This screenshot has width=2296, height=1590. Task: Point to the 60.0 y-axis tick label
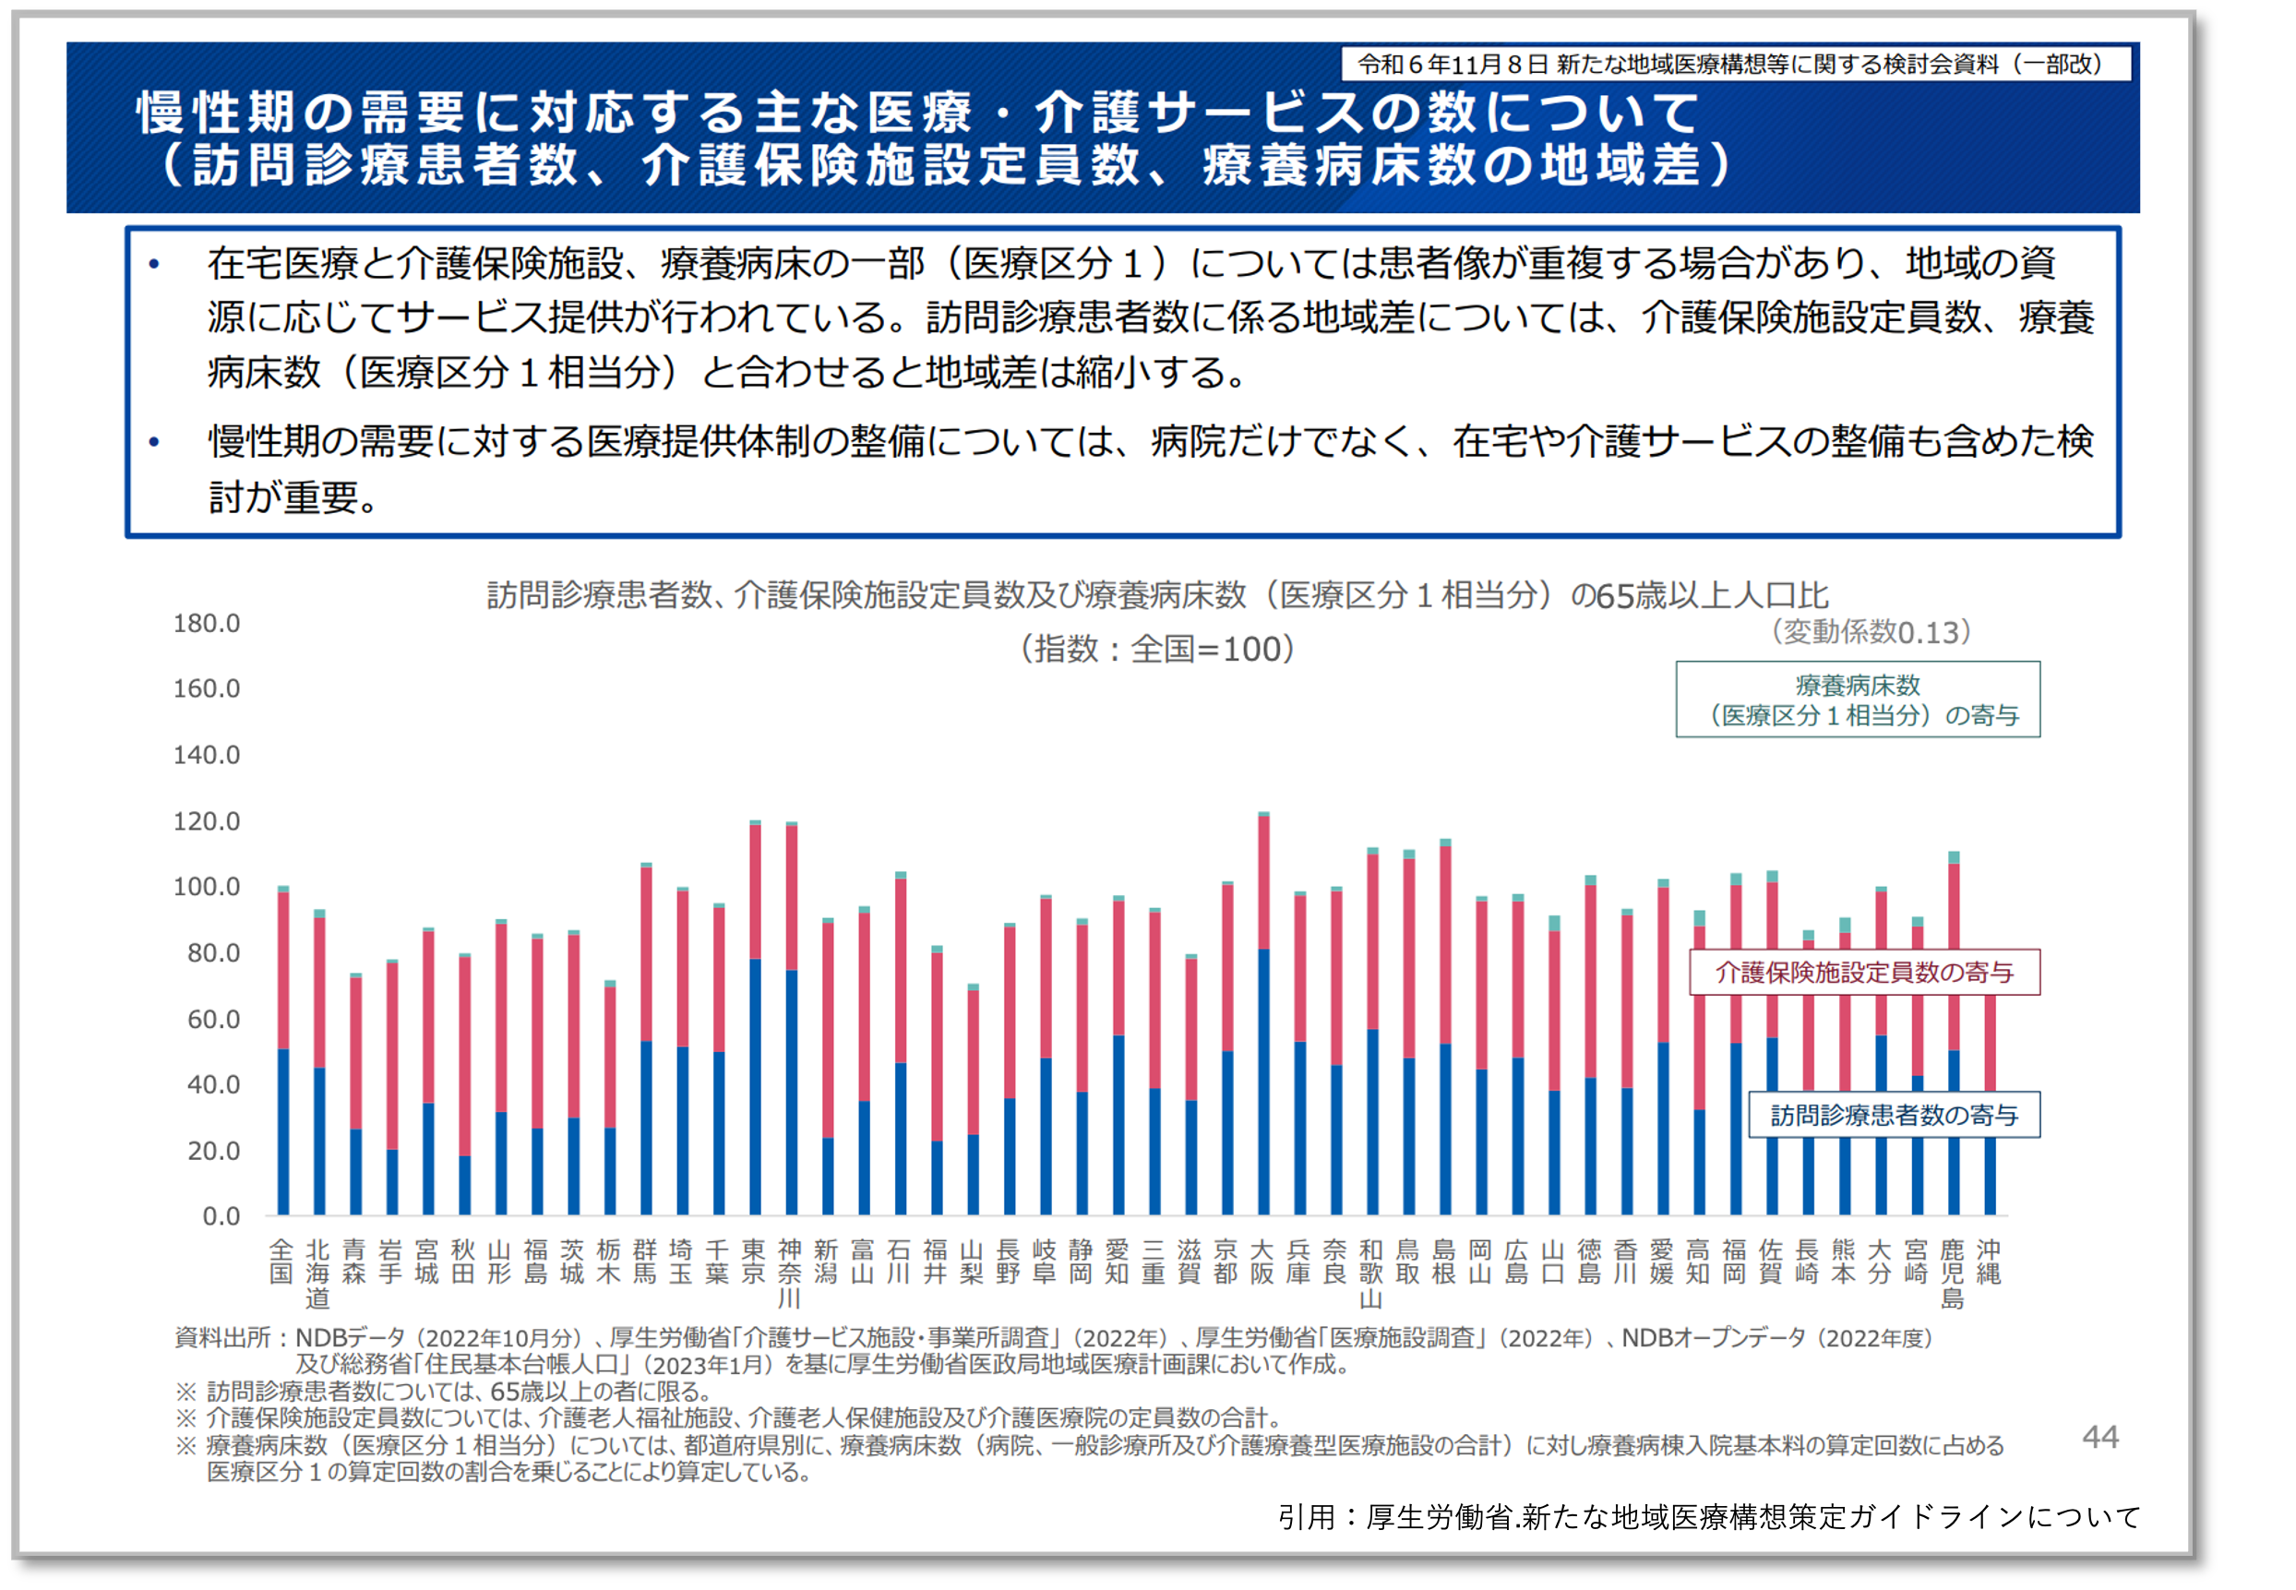[213, 1019]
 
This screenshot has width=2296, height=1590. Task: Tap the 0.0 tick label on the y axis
[221, 1216]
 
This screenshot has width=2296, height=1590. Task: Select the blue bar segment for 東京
[755, 1086]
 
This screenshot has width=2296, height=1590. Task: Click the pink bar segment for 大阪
[1263, 883]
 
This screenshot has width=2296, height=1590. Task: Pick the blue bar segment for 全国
[283, 1131]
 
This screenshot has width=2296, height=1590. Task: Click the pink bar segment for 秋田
[464, 1056]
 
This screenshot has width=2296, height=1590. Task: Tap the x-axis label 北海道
[317, 1273]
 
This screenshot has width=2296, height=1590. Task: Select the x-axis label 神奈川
[790, 1273]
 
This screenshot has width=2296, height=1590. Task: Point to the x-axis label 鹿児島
[1953, 1273]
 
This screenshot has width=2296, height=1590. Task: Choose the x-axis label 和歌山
[1371, 1273]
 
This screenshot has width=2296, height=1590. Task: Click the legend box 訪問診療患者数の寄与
[1894, 1115]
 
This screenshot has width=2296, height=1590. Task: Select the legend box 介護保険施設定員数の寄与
[1864, 973]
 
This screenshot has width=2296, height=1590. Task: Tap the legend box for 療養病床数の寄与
[1857, 699]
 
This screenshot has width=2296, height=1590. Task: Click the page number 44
[2099, 1437]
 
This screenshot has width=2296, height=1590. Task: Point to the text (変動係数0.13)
[1871, 631]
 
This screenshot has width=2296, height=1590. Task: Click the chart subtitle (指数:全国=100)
[1156, 649]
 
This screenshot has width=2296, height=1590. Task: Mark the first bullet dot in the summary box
[153, 264]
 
